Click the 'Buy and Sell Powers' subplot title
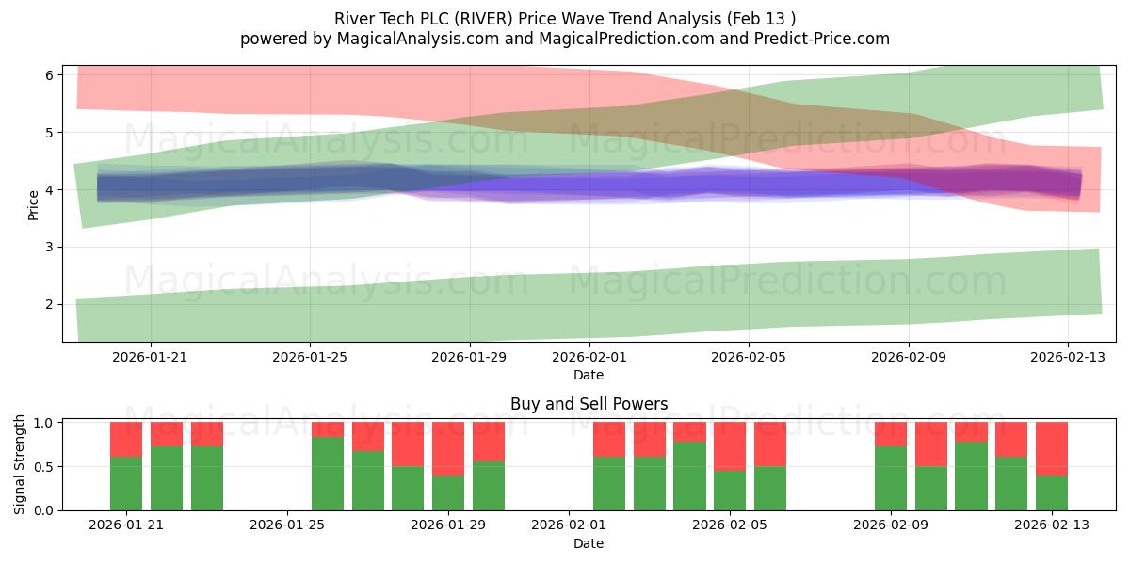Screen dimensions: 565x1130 (x=589, y=404)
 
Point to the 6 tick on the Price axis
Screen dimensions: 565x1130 (x=51, y=74)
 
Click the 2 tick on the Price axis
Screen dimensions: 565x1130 (x=51, y=304)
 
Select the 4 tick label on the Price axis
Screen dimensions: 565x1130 (x=51, y=189)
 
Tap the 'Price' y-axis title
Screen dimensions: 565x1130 (x=34, y=204)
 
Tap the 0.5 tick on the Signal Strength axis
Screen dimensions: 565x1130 (x=43, y=466)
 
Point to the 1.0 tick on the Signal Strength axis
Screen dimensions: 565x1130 (x=43, y=423)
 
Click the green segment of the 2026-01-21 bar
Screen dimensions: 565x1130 (x=126, y=483)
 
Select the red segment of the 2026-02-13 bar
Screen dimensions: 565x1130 (x=1051, y=448)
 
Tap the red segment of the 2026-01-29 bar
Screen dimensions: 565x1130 (x=448, y=448)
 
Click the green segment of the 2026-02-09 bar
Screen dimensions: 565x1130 (x=891, y=478)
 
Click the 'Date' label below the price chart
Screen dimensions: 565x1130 (x=589, y=375)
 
